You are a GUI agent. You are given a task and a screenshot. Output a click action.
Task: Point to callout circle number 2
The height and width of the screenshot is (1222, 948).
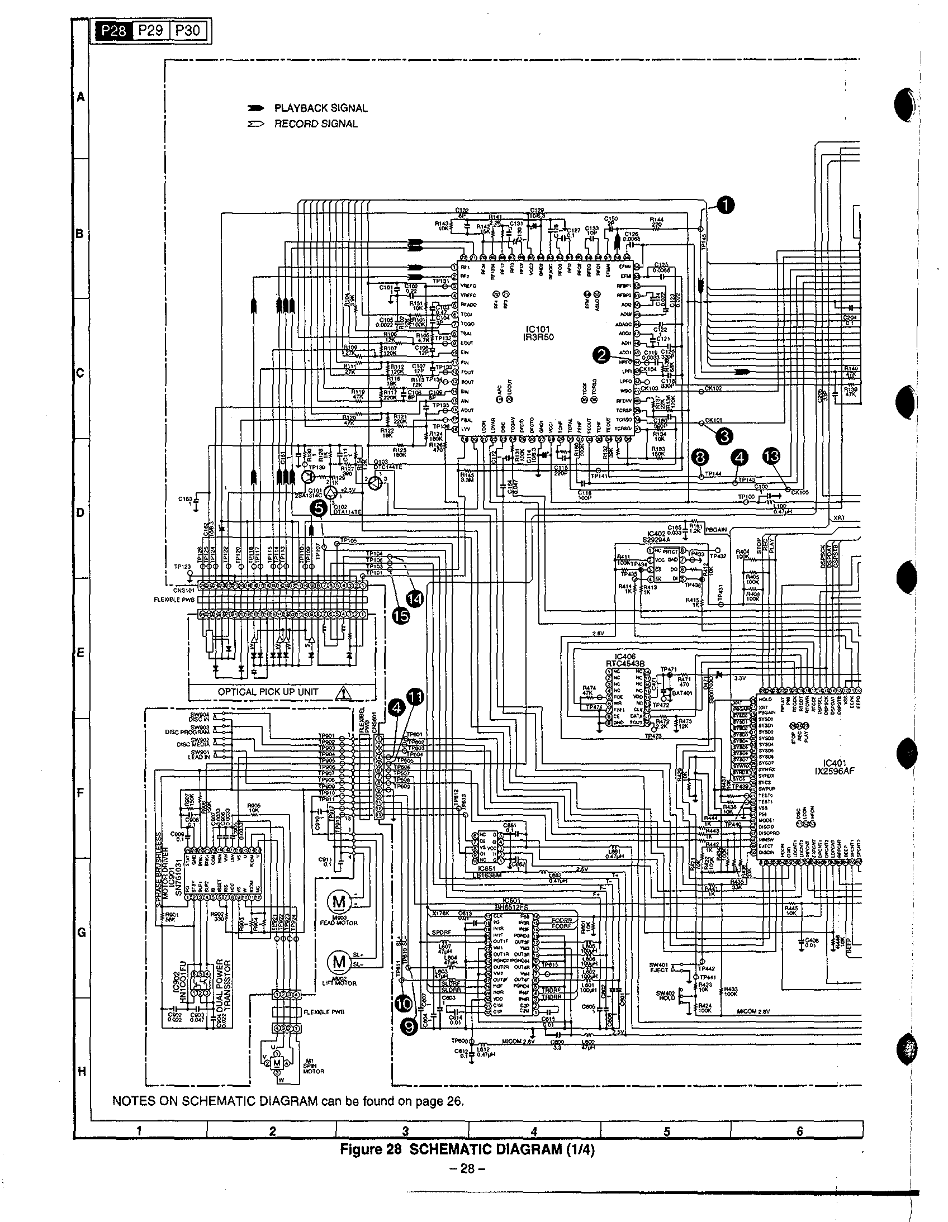pyautogui.click(x=602, y=354)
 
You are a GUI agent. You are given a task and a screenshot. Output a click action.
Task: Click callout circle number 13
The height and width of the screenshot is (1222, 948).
pyautogui.click(x=771, y=457)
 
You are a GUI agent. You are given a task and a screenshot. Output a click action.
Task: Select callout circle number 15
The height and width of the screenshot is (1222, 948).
pyautogui.click(x=400, y=616)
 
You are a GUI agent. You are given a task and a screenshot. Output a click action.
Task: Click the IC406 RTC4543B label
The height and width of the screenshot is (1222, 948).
pyautogui.click(x=625, y=660)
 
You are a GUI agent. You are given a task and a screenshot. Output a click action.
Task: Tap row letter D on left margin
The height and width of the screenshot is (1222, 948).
pyautogui.click(x=81, y=513)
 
